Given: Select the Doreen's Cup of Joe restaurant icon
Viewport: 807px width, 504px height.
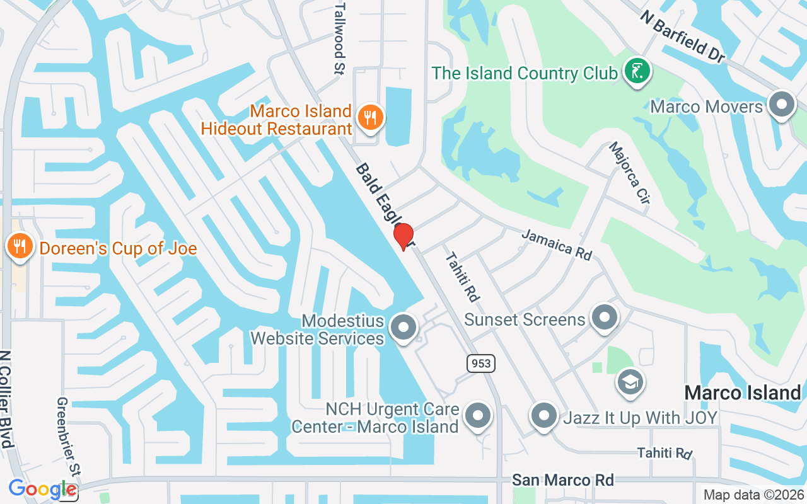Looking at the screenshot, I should [20, 246].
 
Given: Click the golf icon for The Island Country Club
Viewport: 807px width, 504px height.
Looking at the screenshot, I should [637, 72].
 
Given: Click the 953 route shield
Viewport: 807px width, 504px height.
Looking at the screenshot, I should [480, 364].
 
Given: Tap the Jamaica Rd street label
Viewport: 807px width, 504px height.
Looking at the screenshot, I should [557, 244].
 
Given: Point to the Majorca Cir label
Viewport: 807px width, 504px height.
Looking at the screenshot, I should [629, 173].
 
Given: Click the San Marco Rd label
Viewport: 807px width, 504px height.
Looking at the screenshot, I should [562, 480].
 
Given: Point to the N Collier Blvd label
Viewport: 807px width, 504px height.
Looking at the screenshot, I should [8, 399].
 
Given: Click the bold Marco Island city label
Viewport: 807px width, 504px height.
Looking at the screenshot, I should [742, 392].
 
